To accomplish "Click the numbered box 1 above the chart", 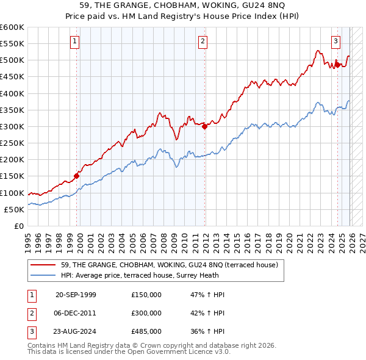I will coord(74,41).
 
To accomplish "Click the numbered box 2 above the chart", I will coord(202,41).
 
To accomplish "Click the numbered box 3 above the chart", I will coord(335,41).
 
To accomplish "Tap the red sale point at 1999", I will coord(77,176).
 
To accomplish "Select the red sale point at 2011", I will coord(205,127).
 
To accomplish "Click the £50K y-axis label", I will coord(14,209).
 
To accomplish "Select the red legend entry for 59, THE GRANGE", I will coord(169,265).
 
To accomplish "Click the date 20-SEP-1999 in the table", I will coord(76,294).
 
